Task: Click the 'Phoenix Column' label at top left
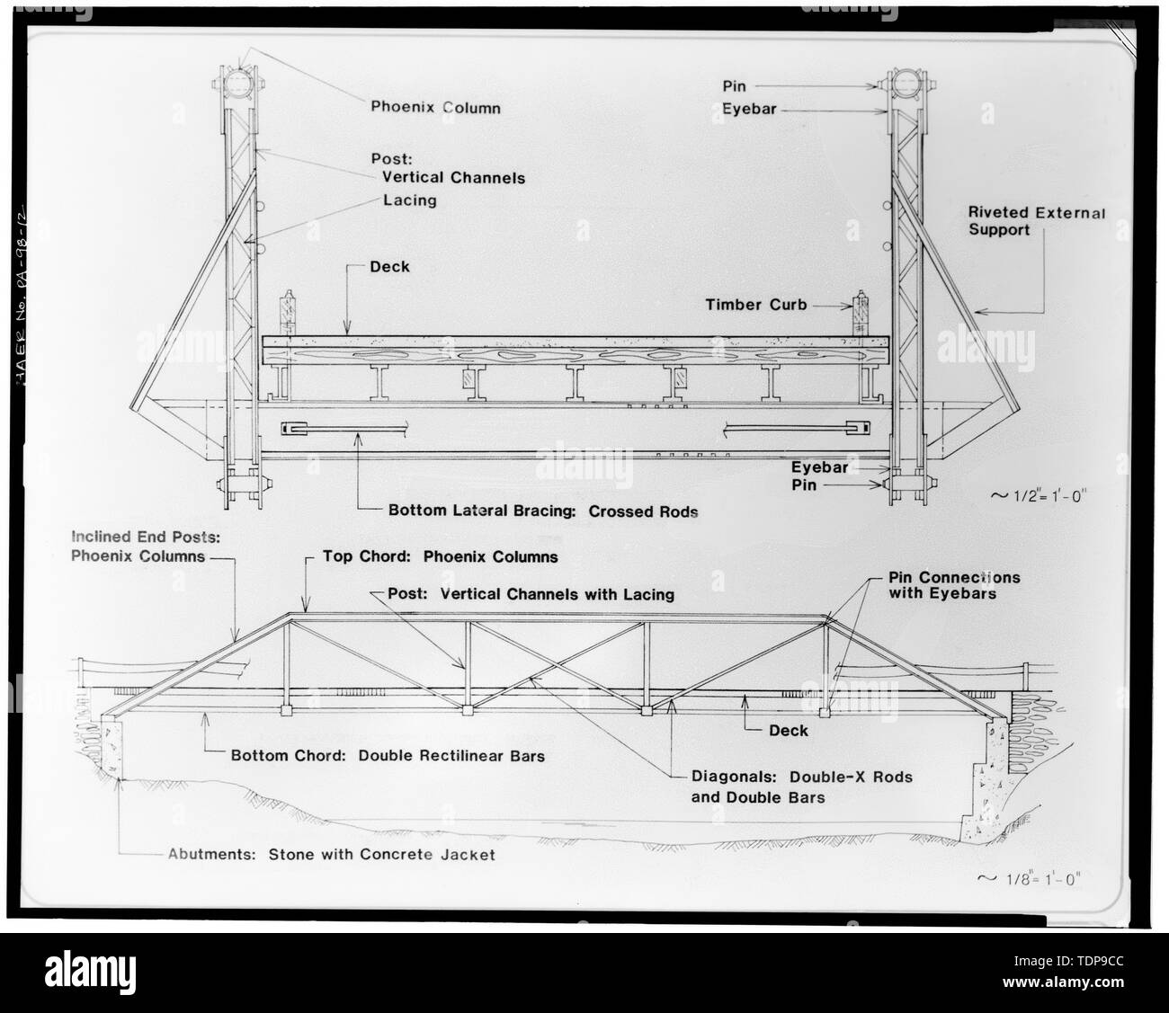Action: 435,108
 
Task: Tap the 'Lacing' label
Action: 409,200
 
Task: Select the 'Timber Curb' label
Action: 756,305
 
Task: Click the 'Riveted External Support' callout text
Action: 1036,221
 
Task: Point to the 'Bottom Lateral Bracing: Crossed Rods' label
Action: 543,511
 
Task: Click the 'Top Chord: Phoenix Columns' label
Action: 441,557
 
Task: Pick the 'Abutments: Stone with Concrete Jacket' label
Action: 332,855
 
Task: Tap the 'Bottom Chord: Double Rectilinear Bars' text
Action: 388,756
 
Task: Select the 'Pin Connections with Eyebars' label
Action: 941,585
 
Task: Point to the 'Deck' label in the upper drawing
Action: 390,267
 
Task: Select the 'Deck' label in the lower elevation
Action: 788,731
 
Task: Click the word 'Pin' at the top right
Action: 733,86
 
